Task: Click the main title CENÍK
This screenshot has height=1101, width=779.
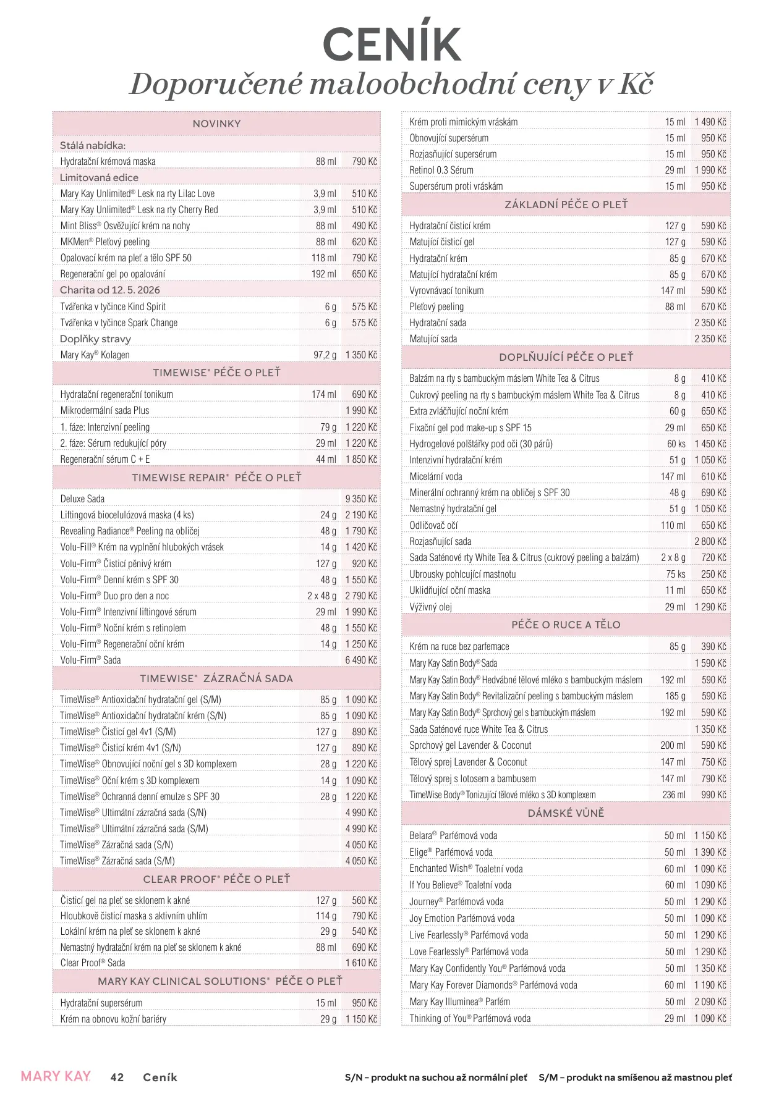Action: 392,44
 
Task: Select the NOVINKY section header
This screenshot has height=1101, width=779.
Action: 216,124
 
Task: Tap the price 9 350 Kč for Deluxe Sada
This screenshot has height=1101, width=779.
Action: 361,499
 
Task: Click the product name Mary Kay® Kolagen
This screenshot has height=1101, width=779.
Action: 95,355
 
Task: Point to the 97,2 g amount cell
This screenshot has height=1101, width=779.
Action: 325,355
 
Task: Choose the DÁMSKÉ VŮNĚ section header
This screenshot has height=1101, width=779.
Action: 566,813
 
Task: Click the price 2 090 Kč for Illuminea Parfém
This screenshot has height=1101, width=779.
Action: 710,1002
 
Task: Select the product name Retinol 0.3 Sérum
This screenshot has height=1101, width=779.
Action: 441,170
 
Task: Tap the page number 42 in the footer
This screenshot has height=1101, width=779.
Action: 117,1078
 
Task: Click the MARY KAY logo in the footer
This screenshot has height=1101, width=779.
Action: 56,1076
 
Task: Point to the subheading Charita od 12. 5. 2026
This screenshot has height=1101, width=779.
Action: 109,290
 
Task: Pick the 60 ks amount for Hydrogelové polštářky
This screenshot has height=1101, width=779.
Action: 676,444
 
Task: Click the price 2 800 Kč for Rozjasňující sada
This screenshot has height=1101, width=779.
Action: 710,541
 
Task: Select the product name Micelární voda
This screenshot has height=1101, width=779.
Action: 436,476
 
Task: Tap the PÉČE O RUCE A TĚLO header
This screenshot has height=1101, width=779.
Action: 566,625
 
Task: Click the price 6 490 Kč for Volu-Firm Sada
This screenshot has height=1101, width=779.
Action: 361,660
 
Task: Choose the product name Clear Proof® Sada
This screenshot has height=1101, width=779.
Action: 93,963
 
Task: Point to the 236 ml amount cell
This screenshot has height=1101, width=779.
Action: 673,795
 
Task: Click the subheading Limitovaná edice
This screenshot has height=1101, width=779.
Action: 99,177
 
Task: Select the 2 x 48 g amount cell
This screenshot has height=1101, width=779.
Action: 321,596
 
